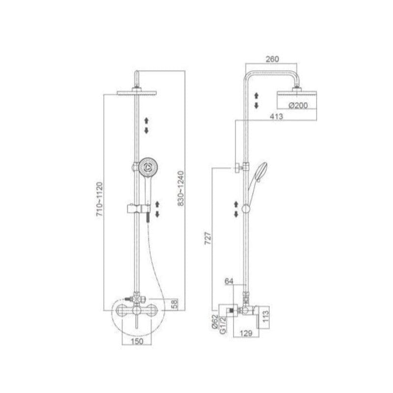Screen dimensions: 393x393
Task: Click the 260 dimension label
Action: point(272,59)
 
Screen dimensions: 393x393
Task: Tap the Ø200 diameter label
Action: point(298,105)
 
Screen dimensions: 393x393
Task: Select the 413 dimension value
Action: point(276,116)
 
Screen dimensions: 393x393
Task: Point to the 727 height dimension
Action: point(208,238)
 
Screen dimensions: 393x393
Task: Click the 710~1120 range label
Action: point(100,199)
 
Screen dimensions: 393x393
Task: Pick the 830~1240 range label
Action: point(181,188)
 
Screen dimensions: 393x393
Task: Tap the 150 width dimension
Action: point(137,341)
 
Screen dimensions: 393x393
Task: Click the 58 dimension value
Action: point(175,304)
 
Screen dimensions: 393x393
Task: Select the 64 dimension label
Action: point(229,281)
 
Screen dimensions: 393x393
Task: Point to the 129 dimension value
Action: point(246,333)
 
